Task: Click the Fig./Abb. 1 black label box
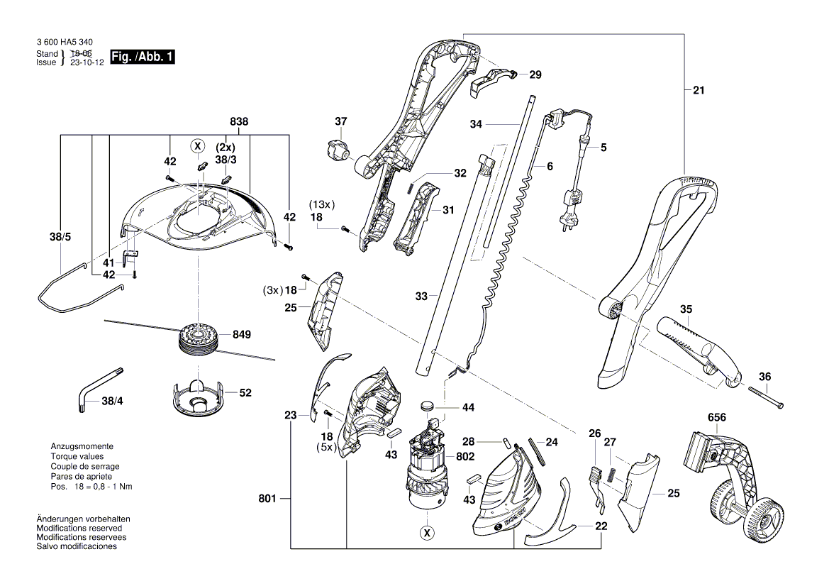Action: coord(141,57)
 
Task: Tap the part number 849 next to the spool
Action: coord(241,333)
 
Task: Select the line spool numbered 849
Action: coord(196,337)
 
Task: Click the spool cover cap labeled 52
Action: coord(196,397)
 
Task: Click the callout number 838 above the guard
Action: coord(239,122)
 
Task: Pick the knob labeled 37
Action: coord(338,150)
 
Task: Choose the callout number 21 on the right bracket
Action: coord(699,90)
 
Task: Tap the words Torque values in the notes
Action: coord(77,456)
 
